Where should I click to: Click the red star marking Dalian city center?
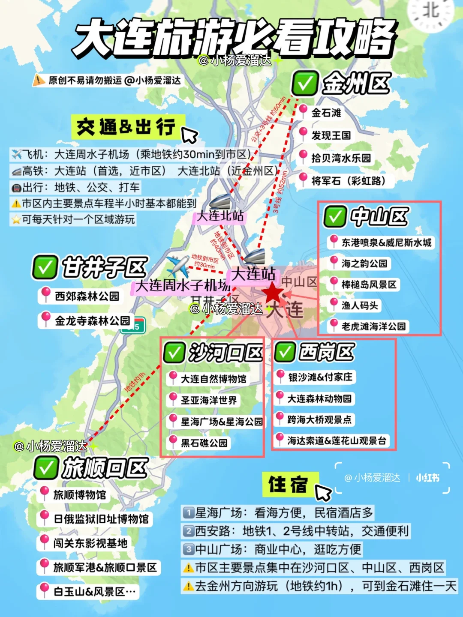[273, 294]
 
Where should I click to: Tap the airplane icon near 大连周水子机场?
[178, 266]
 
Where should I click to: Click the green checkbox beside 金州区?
[305, 83]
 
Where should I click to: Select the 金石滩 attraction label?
[326, 113]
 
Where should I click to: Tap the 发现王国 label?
[331, 135]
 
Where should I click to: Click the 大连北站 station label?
[219, 216]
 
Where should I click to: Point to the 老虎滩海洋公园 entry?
[373, 326]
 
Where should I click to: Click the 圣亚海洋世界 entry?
[208, 400]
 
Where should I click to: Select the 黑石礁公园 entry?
[204, 443]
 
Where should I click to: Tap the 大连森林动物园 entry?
[319, 398]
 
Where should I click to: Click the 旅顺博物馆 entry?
[79, 495]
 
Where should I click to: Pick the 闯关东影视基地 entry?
[90, 543]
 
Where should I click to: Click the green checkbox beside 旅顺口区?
[45, 467]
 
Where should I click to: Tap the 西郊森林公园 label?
[87, 296]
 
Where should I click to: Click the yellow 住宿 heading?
[288, 485]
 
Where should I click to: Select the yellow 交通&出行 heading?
[126, 127]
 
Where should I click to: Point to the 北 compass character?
[431, 11]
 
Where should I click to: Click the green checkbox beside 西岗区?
[285, 352]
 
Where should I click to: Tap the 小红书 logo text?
[427, 478]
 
